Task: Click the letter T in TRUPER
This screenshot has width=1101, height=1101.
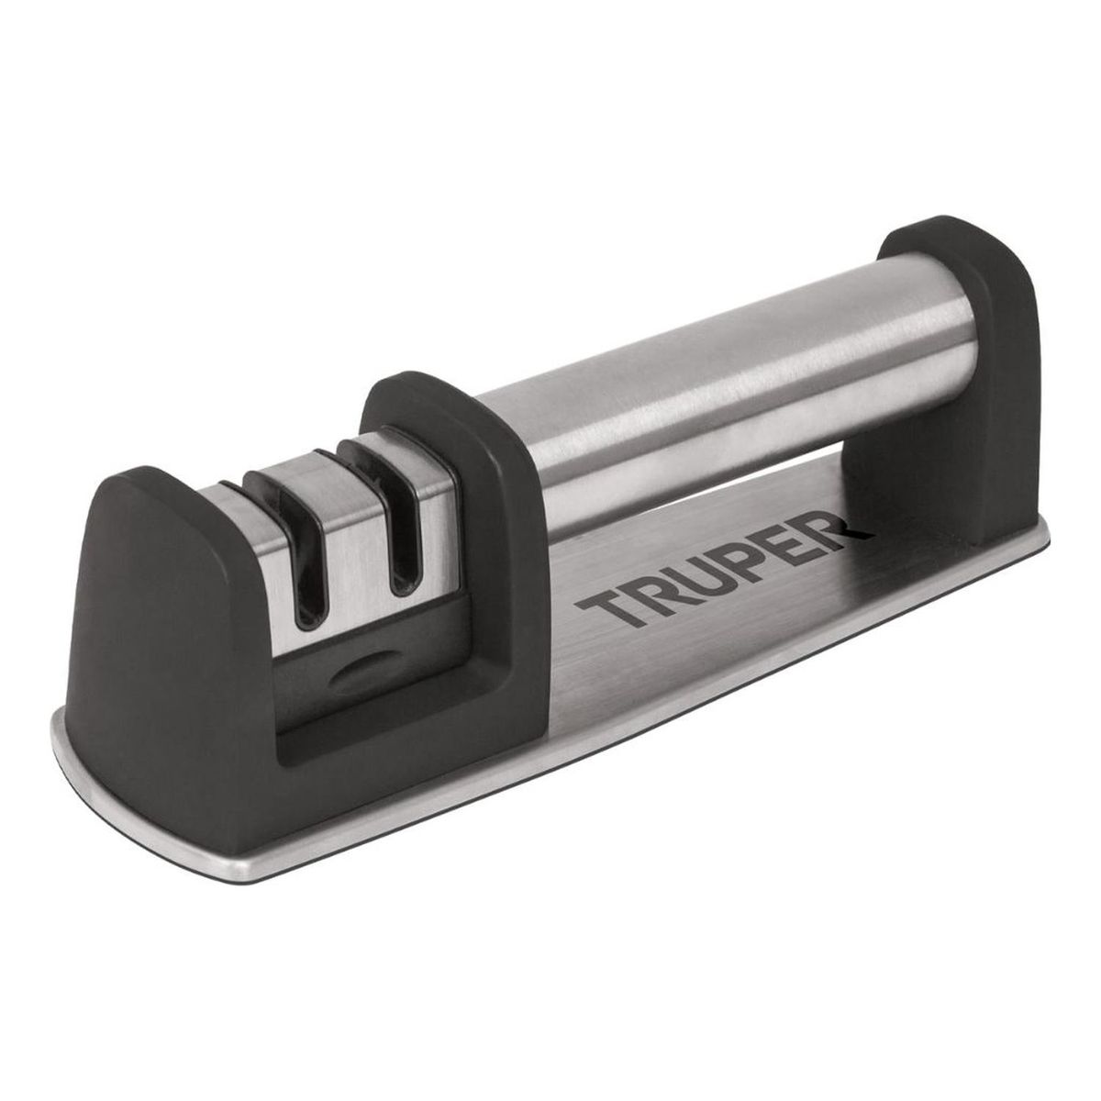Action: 597,606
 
